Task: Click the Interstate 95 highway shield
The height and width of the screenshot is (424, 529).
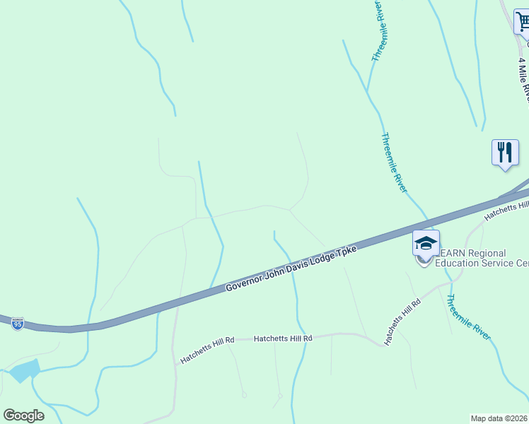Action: click(x=18, y=324)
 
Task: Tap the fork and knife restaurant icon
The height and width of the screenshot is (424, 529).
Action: click(x=504, y=153)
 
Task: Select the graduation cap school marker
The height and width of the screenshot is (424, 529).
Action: click(x=426, y=244)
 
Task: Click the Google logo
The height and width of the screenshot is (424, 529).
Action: click(x=23, y=416)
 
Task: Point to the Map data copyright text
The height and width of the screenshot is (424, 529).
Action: click(x=499, y=418)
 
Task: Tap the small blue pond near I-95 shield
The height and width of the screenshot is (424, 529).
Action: click(x=25, y=370)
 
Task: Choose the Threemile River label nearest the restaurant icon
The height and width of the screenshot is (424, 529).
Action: click(x=393, y=162)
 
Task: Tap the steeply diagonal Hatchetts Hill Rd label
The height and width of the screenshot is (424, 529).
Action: click(x=402, y=322)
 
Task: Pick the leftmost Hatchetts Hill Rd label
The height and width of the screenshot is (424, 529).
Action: click(x=207, y=350)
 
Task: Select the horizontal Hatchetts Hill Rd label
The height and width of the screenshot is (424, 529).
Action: click(x=283, y=338)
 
